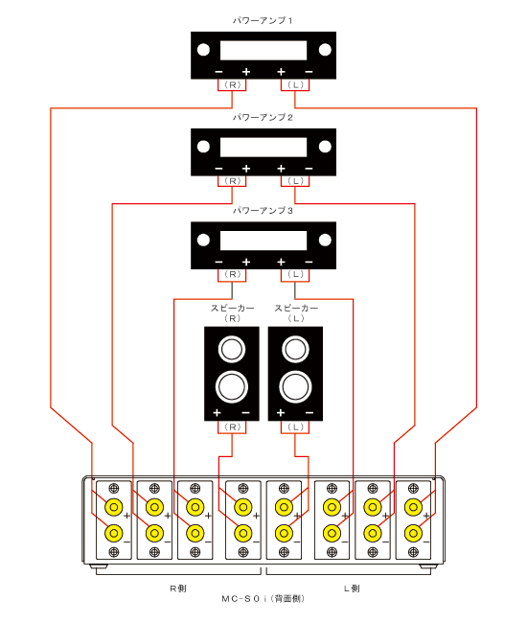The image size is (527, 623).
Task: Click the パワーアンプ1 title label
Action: [263, 20]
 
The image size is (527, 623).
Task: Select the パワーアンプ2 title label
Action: [263, 117]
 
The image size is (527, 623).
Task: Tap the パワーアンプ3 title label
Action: [263, 211]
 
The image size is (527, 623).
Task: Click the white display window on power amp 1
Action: [263, 51]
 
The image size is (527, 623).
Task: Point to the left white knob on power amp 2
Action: [203, 147]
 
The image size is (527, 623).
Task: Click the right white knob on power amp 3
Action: [325, 240]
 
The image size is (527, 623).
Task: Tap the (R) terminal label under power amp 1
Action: [232, 84]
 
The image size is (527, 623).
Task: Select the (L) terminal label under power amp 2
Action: [295, 181]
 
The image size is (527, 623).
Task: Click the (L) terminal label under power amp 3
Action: [295, 274]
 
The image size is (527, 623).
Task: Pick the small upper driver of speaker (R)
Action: [232, 350]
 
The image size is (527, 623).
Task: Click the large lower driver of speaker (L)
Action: [295, 387]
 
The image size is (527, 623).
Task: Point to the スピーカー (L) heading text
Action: [296, 313]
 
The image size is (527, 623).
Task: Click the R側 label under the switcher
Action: [178, 588]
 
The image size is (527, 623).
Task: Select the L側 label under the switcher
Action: [352, 588]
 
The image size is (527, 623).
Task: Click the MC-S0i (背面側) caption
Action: [263, 599]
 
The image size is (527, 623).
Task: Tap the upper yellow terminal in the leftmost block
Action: [114, 507]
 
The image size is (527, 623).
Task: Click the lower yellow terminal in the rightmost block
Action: [413, 534]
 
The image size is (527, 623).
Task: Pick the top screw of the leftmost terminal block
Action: [114, 488]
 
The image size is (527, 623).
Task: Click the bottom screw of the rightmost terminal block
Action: [413, 552]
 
